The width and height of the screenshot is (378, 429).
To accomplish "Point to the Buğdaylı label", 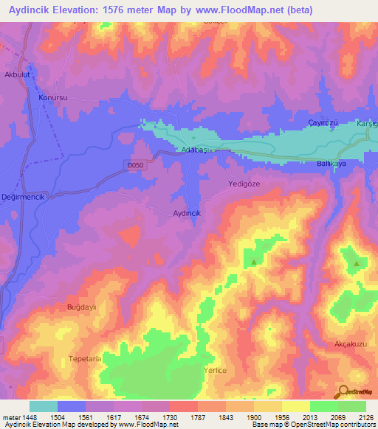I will click(83, 307).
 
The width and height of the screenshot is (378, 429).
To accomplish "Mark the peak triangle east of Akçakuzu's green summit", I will click(357, 263).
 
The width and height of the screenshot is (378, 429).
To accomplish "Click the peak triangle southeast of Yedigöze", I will click(254, 262).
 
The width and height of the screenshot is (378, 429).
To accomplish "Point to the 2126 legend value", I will click(364, 417).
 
